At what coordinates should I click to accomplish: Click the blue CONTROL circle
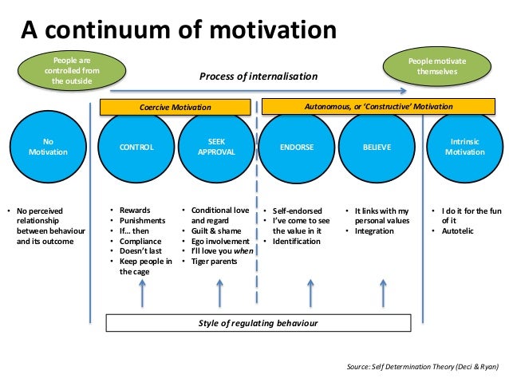click(x=136, y=147)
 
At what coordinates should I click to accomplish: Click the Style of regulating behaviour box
click(x=258, y=322)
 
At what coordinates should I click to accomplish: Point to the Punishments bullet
click(x=142, y=221)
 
